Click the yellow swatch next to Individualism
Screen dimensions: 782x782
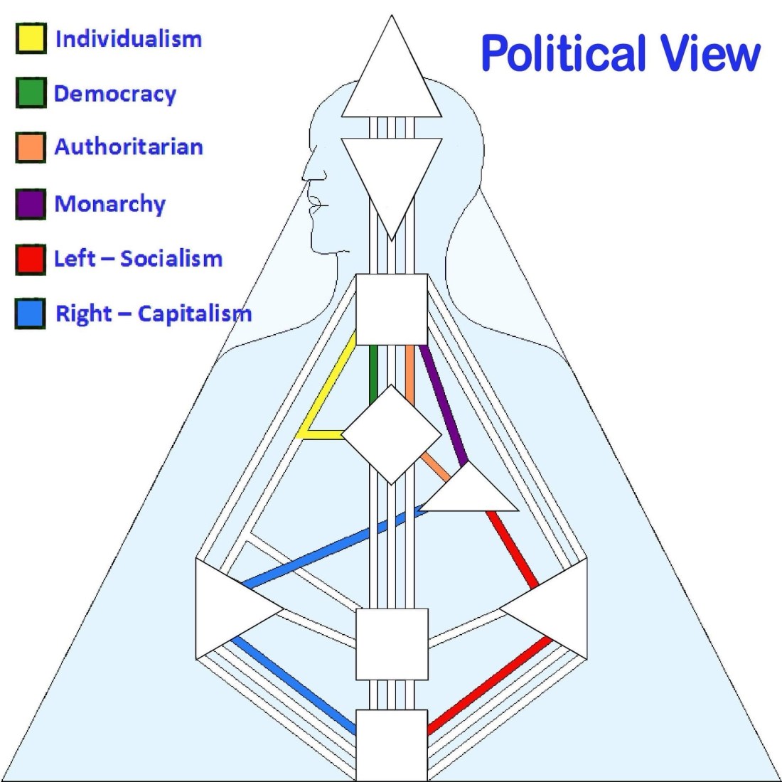pyautogui.click(x=31, y=38)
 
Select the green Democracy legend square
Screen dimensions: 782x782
pyautogui.click(x=31, y=93)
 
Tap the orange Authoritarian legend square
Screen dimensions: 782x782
pyautogui.click(x=31, y=147)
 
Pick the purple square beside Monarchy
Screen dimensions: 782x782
pyautogui.click(x=31, y=204)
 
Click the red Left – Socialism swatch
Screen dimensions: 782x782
pyautogui.click(x=31, y=259)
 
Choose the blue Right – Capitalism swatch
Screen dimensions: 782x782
pyautogui.click(x=31, y=314)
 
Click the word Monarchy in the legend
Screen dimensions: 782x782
pyautogui.click(x=110, y=204)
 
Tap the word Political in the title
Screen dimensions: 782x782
pyautogui.click(x=561, y=53)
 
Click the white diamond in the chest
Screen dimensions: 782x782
pyautogui.click(x=392, y=434)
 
